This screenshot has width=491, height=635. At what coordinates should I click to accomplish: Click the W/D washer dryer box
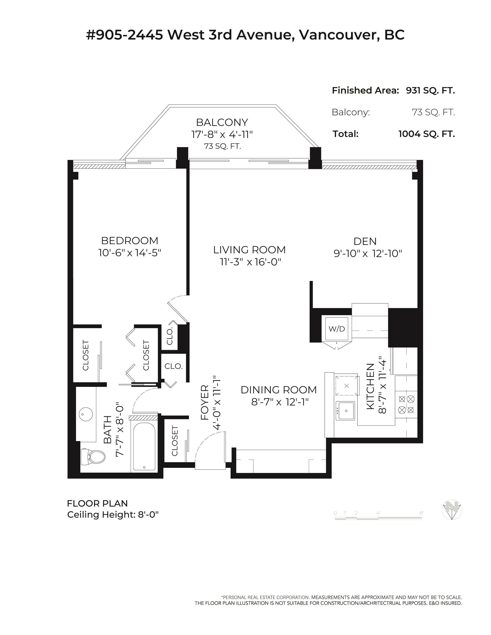[337, 329]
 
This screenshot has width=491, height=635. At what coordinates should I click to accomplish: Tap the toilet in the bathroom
[93, 457]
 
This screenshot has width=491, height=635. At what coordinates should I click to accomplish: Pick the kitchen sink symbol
[345, 411]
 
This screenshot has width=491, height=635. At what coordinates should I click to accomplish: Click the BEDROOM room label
[130, 241]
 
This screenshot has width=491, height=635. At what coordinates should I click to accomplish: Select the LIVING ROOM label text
[249, 250]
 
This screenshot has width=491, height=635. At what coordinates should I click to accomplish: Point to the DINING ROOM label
[279, 390]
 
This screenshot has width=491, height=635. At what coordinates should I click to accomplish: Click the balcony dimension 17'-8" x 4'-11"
[222, 134]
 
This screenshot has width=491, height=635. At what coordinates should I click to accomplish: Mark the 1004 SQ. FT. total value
[427, 134]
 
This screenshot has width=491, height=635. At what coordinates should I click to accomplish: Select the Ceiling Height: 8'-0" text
[113, 515]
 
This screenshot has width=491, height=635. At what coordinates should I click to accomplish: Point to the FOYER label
[205, 402]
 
